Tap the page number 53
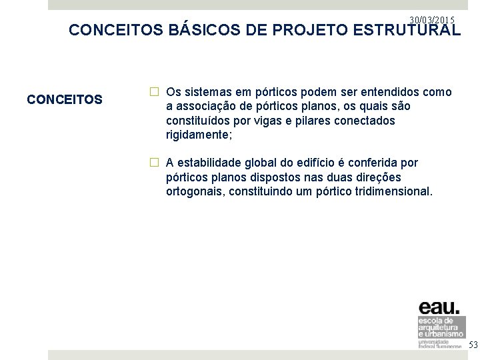(x=473, y=345)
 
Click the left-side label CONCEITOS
(x=65, y=100)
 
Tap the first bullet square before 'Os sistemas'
(x=154, y=92)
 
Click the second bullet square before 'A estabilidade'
(x=154, y=162)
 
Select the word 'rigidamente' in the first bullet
(x=197, y=135)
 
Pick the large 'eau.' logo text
(x=438, y=308)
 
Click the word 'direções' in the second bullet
(x=379, y=177)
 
